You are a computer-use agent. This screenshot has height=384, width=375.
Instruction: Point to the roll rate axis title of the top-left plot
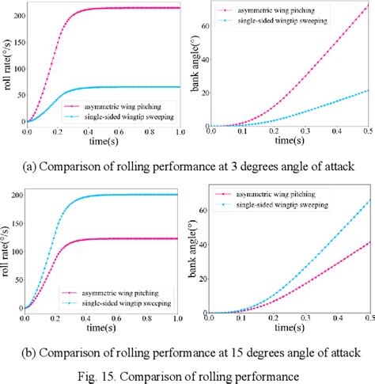click(9, 67)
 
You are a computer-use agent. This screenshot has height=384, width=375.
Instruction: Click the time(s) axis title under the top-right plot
click(290, 143)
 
